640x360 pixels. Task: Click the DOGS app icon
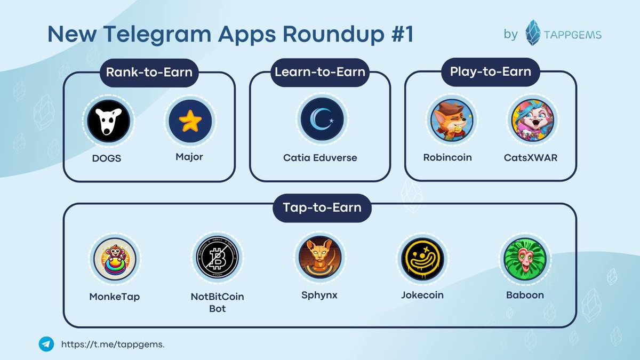coord(109,121)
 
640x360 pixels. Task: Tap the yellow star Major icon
coord(190,121)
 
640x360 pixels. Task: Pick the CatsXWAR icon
coord(531,121)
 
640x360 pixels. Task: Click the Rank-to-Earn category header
coord(149,71)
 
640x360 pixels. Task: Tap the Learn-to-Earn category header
coord(320,71)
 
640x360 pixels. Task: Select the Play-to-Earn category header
coord(490,71)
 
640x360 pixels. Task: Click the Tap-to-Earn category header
coord(322,207)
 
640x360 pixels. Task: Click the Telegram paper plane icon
coord(46,344)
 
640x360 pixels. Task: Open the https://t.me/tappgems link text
coord(113,345)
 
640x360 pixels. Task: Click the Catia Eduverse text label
coord(320,158)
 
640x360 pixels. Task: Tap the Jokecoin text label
coord(422,295)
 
